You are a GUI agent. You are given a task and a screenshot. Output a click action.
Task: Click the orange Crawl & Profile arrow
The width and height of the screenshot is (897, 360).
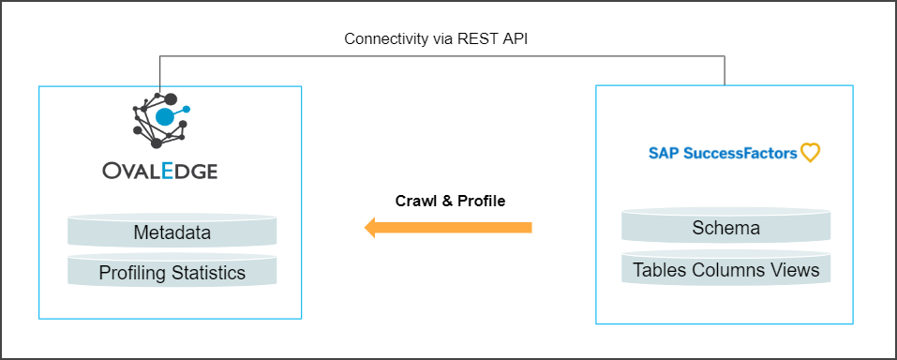(x=450, y=228)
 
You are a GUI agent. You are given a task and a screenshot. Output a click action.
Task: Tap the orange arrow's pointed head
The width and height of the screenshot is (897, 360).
(x=371, y=228)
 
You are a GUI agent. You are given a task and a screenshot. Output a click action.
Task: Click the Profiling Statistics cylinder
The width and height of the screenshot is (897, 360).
(x=172, y=273)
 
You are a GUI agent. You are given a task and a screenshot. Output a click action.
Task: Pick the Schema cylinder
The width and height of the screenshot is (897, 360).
(x=725, y=228)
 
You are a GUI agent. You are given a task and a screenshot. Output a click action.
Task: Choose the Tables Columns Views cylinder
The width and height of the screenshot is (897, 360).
(x=725, y=270)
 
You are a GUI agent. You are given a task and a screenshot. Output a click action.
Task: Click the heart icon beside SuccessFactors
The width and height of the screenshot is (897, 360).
(x=810, y=153)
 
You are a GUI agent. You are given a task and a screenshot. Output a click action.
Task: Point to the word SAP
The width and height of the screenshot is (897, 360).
(x=663, y=153)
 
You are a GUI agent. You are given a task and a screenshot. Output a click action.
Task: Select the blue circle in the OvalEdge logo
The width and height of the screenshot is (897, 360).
(x=165, y=117)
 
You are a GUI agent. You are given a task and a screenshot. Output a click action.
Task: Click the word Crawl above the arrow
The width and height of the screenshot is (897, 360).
(x=415, y=201)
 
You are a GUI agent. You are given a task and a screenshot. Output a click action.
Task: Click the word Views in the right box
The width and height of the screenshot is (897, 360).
(x=795, y=270)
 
